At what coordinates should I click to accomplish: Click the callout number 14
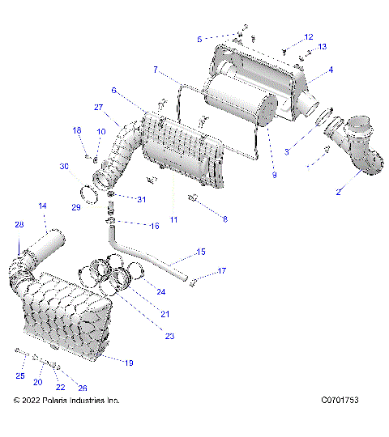(42, 206)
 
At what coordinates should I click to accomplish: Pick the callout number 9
(274, 175)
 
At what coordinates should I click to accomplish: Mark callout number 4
(330, 70)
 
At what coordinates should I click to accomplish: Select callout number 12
(309, 36)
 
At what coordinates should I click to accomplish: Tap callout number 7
(156, 70)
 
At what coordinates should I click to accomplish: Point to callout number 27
(98, 108)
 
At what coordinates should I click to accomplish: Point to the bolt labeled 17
(192, 282)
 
